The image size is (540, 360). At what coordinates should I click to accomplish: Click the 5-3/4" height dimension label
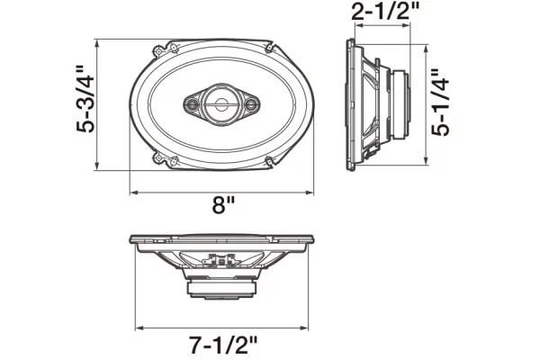[85, 99]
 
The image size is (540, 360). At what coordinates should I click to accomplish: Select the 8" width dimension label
[223, 206]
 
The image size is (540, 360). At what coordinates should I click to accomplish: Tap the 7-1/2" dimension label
[223, 345]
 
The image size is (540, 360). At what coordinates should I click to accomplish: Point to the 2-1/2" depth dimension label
[384, 12]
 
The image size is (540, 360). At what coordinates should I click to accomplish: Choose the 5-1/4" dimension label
[440, 103]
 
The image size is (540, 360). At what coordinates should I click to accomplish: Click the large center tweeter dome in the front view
[220, 104]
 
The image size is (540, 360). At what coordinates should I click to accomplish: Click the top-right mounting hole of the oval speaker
[269, 48]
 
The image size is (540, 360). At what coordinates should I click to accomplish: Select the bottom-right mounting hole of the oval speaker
[269, 160]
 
